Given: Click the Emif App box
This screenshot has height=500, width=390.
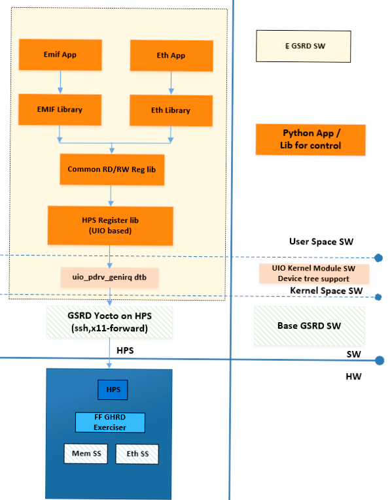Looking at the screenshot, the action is tap(60, 54).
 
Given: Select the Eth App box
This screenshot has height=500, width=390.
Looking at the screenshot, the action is tap(171, 56).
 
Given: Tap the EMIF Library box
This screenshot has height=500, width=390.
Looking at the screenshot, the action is tap(60, 109).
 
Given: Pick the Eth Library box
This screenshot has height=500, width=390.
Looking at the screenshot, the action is tap(171, 110).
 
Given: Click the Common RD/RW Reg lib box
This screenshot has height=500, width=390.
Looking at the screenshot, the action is tap(112, 169).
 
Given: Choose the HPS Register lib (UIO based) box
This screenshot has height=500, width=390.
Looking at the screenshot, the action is tap(111, 225).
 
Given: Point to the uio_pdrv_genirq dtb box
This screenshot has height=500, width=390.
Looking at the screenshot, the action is tap(109, 277).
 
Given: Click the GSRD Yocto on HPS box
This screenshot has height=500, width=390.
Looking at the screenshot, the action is tap(109, 322).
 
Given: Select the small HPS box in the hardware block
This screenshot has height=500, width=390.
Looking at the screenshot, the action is tap(113, 390).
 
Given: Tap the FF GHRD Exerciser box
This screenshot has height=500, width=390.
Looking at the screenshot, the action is tap(110, 422).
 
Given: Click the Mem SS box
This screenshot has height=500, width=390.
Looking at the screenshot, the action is tap(86, 454).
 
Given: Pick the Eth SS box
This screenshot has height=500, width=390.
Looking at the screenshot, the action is tap(137, 454).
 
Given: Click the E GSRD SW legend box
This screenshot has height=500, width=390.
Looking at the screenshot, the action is tap(304, 46).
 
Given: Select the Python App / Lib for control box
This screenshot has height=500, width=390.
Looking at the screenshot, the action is tap(311, 140).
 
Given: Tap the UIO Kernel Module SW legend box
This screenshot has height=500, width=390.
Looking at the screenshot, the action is tap(314, 274).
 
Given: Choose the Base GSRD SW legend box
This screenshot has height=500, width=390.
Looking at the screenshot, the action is tap(309, 326).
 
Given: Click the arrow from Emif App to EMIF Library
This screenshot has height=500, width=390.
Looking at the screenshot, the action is tap(60, 82).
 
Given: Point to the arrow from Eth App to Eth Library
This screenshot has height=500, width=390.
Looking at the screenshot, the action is tap(171, 83).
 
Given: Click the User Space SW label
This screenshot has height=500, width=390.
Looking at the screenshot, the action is tap(321, 242).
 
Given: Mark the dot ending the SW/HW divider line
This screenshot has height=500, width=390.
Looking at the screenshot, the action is tap(380, 361).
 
